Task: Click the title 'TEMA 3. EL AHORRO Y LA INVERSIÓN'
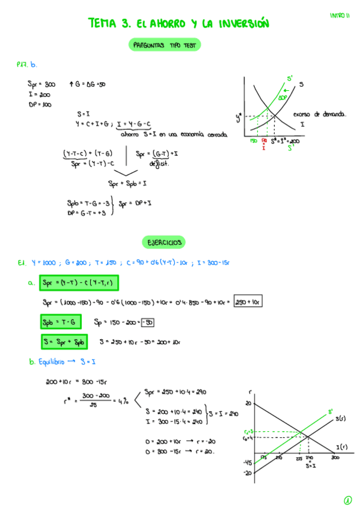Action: (x=178, y=23)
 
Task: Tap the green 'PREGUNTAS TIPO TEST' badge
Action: (x=164, y=45)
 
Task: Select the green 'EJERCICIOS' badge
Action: (x=164, y=242)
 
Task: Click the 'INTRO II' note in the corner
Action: (x=340, y=16)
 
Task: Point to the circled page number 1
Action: (x=347, y=500)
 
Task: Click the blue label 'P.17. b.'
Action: (x=28, y=64)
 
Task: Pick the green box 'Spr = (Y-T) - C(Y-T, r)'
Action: (x=79, y=283)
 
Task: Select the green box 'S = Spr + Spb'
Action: (x=64, y=342)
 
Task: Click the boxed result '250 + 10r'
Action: (x=248, y=302)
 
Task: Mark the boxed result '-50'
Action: (x=147, y=322)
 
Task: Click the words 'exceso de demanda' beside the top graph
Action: (x=321, y=114)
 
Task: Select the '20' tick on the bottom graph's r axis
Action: (x=248, y=403)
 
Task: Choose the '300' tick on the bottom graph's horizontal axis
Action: (x=334, y=458)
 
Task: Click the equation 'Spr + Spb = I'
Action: (x=127, y=183)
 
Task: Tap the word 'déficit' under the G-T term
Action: (x=158, y=163)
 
